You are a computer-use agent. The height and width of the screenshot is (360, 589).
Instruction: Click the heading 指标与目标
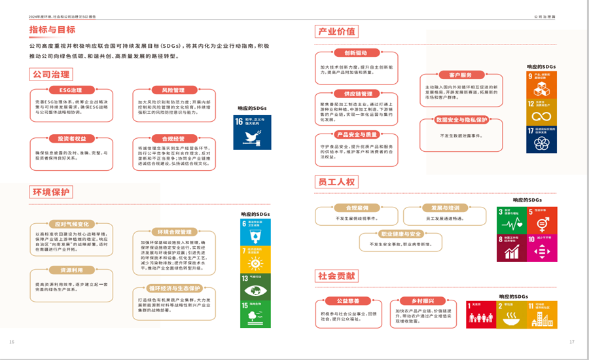point(52,29)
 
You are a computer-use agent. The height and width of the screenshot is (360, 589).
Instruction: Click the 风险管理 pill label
point(168,90)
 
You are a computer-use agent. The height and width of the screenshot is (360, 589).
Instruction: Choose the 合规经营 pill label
point(168,139)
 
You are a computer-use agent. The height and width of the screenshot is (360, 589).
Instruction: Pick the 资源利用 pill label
point(71,270)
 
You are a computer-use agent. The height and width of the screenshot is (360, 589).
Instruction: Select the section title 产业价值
point(336,31)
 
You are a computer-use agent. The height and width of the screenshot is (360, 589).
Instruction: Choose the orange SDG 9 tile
point(542,84)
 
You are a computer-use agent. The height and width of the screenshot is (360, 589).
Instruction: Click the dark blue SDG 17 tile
point(542,139)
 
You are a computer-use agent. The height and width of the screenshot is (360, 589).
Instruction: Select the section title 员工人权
point(336,182)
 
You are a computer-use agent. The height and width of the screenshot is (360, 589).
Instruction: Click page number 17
point(571,342)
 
